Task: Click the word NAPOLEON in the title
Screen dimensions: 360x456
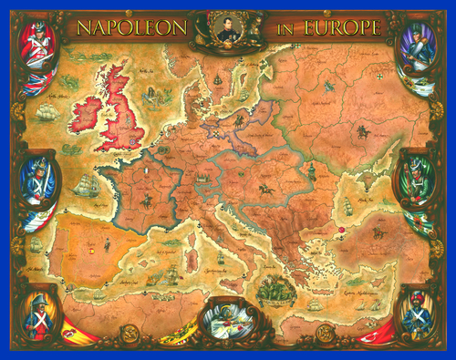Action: tap(132, 28)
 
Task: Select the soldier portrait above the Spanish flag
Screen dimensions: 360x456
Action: tap(38, 310)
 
